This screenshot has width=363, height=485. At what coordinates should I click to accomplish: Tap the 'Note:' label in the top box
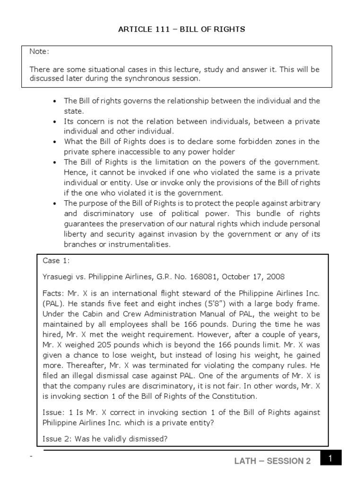pos(39,51)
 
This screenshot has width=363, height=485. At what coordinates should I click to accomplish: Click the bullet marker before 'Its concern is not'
pos(55,121)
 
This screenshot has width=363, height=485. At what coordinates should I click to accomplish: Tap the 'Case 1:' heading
pos(56,260)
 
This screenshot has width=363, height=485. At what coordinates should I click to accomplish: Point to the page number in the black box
pos(331,459)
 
